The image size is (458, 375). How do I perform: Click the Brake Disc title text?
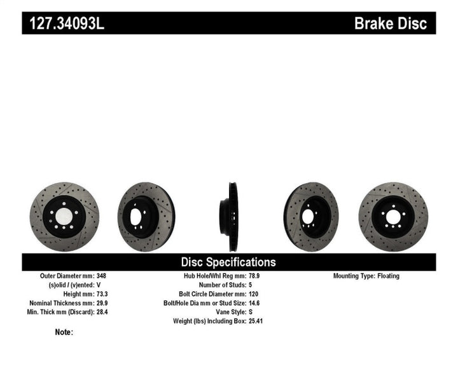pos(394,24)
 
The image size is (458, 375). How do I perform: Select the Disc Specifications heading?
pos(228,262)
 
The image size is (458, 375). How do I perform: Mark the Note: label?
pos(64,332)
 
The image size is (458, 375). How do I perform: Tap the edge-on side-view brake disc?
pos(228,216)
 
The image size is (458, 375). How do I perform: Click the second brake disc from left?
pos(146,216)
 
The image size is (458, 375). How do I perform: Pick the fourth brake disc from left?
pos(311,216)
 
